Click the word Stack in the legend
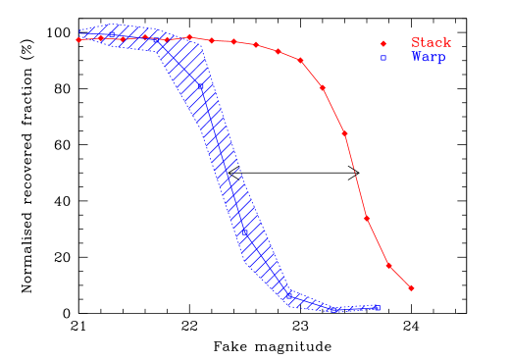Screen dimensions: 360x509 click(x=431, y=43)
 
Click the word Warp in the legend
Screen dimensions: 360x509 click(x=429, y=58)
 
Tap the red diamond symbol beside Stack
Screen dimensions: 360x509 click(x=383, y=43)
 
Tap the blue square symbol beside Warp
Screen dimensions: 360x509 click(x=383, y=58)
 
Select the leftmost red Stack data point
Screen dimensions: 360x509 click(x=78, y=39)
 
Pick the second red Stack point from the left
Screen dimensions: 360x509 click(x=100, y=38)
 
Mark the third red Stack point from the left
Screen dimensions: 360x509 click(x=123, y=38)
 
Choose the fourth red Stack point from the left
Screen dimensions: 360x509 click(x=145, y=37)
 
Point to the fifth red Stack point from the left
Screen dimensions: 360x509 click(x=167, y=37)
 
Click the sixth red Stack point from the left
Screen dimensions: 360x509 click(x=189, y=37)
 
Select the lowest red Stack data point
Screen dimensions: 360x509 click(x=411, y=288)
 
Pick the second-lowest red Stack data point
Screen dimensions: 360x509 click(x=389, y=265)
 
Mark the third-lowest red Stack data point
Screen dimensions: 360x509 click(x=367, y=218)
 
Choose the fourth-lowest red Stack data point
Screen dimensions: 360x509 click(x=344, y=133)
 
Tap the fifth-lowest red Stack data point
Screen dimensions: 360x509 click(x=323, y=87)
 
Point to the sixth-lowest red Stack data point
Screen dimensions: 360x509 click(x=300, y=61)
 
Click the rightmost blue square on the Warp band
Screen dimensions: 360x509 click(x=377, y=309)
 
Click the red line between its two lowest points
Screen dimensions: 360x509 click(x=400, y=277)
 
